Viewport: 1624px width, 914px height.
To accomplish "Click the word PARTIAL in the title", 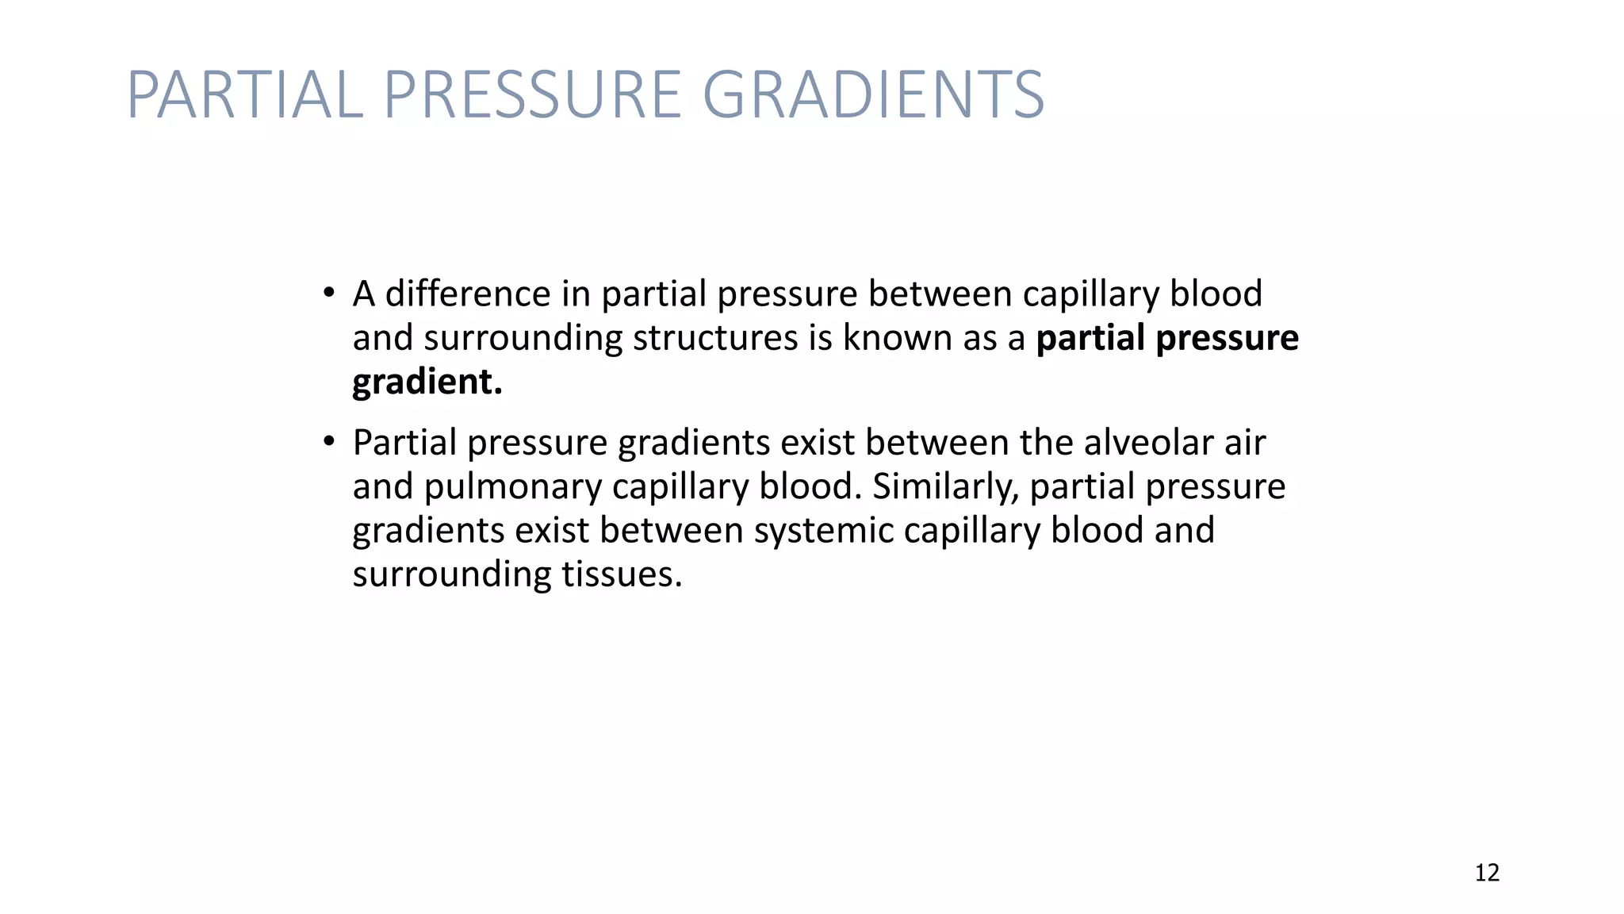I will click(245, 94).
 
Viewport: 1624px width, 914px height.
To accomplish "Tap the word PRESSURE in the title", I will click(533, 94).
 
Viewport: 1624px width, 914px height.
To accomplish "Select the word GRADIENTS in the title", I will click(873, 94).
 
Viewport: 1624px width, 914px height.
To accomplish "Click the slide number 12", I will click(1487, 873).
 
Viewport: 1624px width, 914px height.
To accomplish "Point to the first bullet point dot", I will click(328, 293).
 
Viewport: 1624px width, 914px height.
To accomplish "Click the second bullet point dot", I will click(328, 441).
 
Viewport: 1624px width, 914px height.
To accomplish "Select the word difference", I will click(467, 294).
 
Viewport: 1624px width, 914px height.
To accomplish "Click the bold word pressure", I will click(1228, 338).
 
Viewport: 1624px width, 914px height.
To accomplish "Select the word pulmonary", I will click(512, 486).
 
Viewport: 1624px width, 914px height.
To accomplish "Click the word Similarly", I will click(945, 486).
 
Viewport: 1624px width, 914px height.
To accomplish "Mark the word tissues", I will click(622, 574).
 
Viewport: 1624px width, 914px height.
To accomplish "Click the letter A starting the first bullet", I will click(364, 294).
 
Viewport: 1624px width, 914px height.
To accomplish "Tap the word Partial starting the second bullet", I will click(404, 442).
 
